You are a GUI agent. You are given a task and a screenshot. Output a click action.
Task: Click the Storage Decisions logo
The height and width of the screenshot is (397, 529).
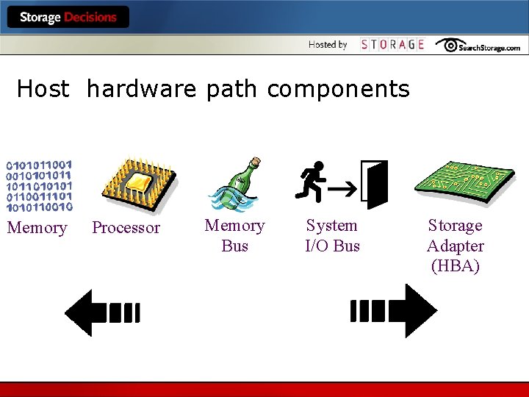[x=68, y=18]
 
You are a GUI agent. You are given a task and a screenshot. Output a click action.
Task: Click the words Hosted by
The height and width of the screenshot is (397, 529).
[x=328, y=45]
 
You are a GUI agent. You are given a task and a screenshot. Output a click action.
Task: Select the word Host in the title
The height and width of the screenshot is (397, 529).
[x=43, y=90]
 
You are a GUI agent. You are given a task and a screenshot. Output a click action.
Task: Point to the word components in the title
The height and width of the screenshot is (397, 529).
[x=338, y=90]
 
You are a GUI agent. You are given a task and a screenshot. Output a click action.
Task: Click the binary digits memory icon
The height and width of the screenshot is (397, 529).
[x=40, y=185]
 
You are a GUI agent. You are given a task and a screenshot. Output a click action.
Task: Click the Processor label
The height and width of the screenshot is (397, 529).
[x=126, y=228]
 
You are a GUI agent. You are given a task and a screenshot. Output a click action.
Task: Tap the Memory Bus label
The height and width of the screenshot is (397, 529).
[x=234, y=235]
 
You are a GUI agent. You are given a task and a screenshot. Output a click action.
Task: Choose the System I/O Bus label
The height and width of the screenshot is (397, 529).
[x=332, y=235]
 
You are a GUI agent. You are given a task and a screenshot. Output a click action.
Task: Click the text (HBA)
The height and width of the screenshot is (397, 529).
[x=456, y=266]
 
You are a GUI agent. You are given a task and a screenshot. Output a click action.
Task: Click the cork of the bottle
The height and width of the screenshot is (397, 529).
[x=255, y=162]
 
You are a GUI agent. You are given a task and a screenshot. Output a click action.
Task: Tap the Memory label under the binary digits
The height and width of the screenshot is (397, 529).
[x=37, y=228]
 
